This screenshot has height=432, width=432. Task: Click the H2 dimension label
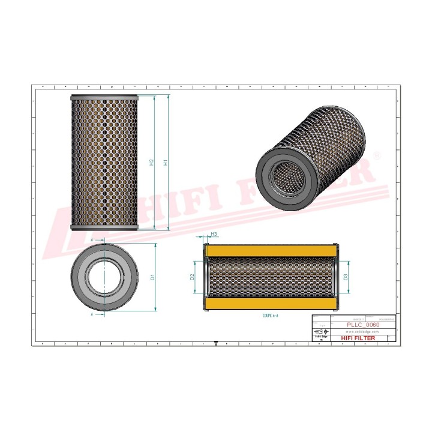[x=152, y=163]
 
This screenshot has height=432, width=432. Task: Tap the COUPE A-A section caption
[x=271, y=315]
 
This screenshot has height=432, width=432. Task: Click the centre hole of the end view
[x=104, y=277]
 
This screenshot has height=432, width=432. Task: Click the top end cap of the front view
[x=104, y=98]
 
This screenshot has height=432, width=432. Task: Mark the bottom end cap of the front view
[x=104, y=227]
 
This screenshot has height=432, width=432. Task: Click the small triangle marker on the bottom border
[x=215, y=344]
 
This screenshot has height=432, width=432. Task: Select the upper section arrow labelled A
[x=91, y=241]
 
